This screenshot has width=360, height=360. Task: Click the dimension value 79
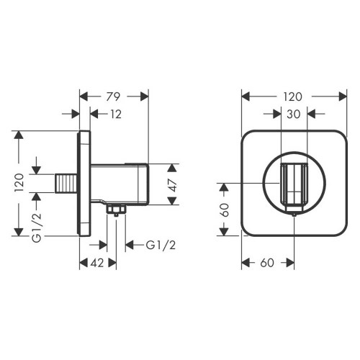(x=113, y=96)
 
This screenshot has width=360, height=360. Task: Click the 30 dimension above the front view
(x=293, y=114)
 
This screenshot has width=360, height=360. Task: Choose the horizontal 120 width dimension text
(x=292, y=96)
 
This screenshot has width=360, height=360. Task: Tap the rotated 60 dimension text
(x=224, y=211)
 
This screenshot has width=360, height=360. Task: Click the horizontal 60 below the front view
(x=267, y=264)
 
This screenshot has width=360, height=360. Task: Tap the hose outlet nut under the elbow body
(x=114, y=210)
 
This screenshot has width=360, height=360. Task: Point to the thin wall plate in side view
(x=84, y=184)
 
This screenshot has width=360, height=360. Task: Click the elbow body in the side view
(x=119, y=184)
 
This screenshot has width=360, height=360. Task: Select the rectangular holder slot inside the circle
(x=294, y=184)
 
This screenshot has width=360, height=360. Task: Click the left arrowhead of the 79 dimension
(x=81, y=96)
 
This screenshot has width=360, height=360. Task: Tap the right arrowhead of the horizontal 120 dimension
(x=343, y=96)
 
